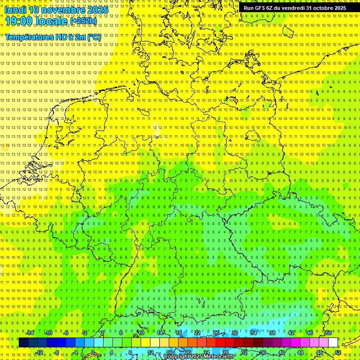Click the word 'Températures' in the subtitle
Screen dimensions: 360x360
pos(28,37)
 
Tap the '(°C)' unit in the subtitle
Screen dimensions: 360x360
pos(94,37)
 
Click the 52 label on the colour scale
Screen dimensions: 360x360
pos(337,352)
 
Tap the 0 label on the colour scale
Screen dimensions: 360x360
pos(93,352)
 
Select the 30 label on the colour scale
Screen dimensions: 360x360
pos(234,333)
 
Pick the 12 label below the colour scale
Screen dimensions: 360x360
pos(150,352)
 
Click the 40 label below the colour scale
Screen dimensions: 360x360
pos(282,352)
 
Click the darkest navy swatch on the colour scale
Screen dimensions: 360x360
pos(23,343)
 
